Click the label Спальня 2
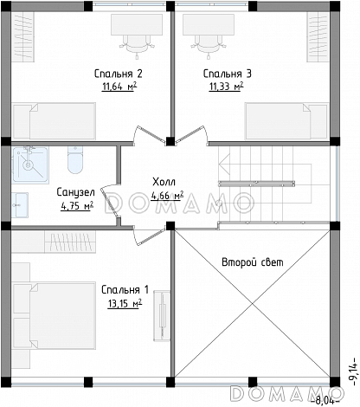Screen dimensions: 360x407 (x=119, y=74)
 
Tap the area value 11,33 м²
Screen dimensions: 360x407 (x=227, y=86)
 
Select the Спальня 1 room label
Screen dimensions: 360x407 (x=125, y=290)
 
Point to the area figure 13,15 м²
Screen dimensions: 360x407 (x=125, y=303)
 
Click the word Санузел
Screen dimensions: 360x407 (x=75, y=192)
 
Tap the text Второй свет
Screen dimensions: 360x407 (x=253, y=262)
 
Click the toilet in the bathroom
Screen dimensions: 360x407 (x=75, y=160)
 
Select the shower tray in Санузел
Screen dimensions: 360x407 (x=30, y=165)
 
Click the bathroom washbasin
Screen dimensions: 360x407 (x=20, y=205)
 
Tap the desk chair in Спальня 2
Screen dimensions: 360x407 (x=136, y=45)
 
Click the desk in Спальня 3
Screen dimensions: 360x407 (x=209, y=24)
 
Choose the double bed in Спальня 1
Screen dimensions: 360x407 (x=55, y=315)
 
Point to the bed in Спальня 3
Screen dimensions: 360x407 (x=286, y=121)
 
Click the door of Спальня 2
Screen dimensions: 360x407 (x=150, y=135)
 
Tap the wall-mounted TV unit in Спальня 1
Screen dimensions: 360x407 (x=162, y=316)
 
